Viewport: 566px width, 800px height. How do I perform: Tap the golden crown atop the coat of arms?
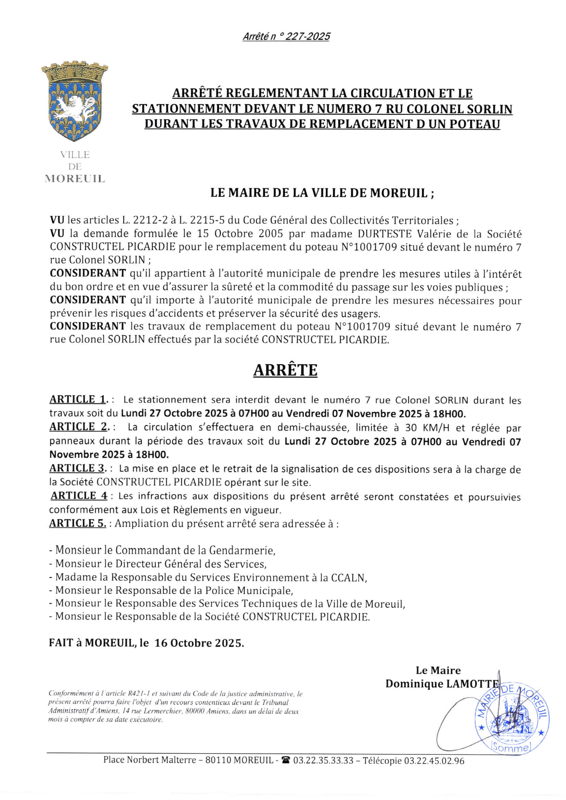(x=74, y=72)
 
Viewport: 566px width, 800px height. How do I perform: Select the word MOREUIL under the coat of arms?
(x=75, y=179)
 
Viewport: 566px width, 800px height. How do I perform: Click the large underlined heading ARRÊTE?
(x=285, y=370)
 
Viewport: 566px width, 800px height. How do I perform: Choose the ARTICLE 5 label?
(x=77, y=523)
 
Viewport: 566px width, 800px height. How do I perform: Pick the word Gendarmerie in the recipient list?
(x=242, y=551)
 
